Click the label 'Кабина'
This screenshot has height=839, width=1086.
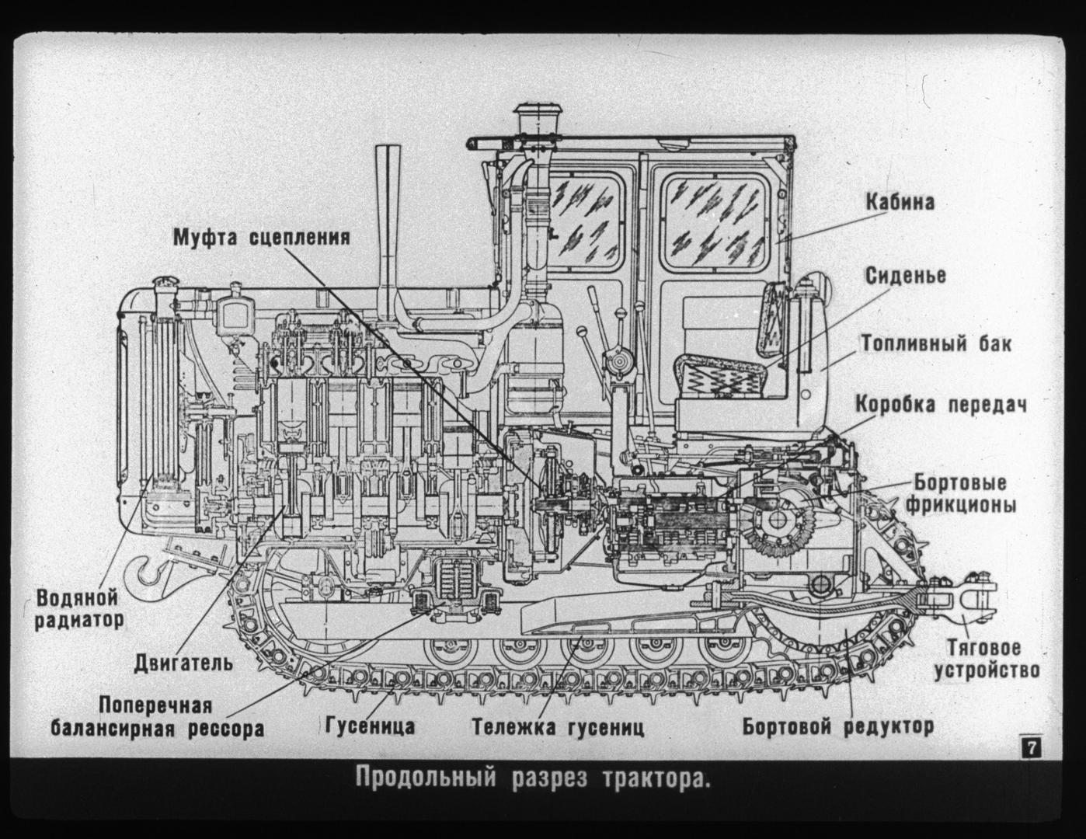pos(900,202)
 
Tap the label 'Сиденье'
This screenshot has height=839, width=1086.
pos(905,276)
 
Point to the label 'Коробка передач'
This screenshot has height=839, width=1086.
pos(942,405)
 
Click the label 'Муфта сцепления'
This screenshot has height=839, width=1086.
pos(261,237)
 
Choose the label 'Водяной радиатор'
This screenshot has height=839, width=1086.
pos(78,609)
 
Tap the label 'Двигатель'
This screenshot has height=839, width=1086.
pos(183,663)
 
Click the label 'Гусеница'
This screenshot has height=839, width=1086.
pos(370,726)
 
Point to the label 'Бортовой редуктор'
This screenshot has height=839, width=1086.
pos(837,726)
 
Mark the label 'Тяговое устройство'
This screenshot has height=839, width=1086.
pos(986,659)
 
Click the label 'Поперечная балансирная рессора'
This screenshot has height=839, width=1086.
pos(158,717)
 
